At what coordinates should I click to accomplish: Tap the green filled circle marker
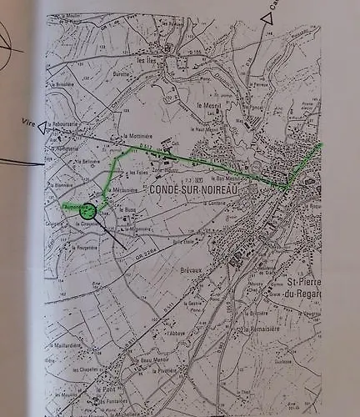pos(87,212)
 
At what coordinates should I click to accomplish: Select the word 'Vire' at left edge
pos(27,122)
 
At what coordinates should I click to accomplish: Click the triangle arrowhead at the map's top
pos(267,16)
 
